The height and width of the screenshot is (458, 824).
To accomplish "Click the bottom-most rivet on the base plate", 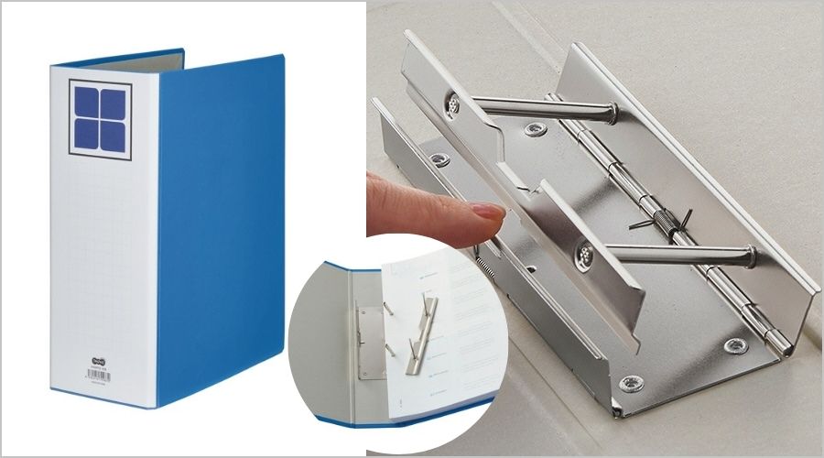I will (631, 383).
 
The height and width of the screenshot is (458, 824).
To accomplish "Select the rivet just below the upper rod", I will (536, 130).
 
